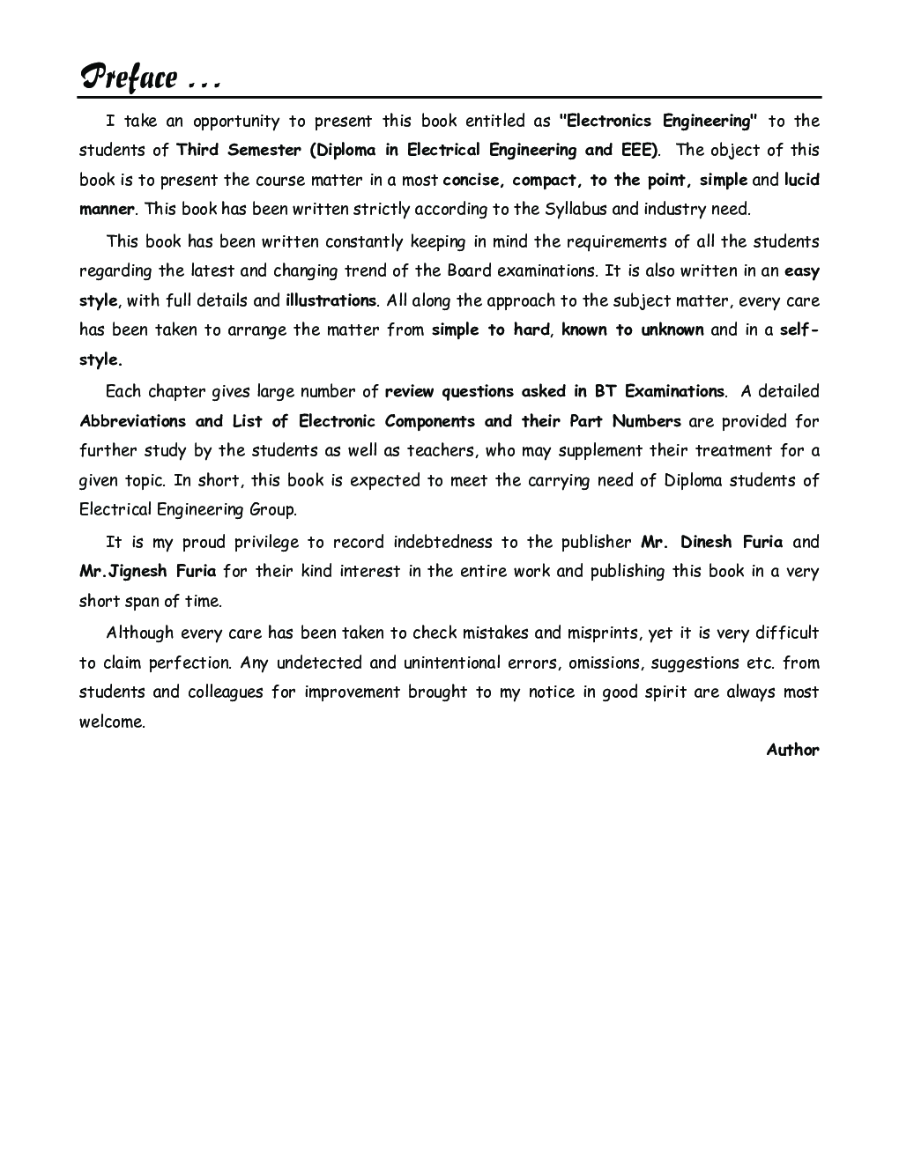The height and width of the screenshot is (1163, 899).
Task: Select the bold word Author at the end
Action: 792,751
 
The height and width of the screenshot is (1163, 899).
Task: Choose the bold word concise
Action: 472,180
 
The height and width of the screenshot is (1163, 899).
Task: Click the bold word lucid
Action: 802,180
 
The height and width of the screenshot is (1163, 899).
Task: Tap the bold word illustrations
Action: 331,300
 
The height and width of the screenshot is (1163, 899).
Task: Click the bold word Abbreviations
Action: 132,421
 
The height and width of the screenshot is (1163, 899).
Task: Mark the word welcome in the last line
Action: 112,722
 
